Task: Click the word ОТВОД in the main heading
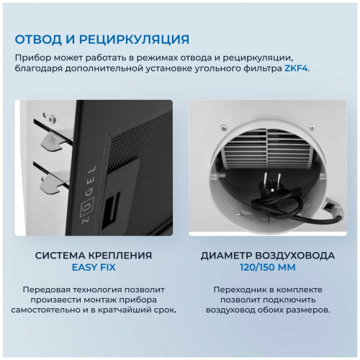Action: tap(42, 39)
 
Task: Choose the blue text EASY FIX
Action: tap(93, 268)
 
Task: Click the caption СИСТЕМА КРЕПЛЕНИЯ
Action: tap(93, 255)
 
